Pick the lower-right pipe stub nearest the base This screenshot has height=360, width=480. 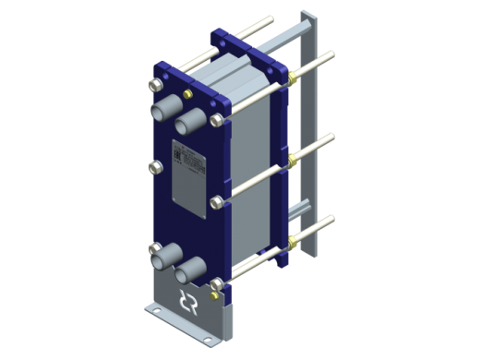click(x=190, y=270)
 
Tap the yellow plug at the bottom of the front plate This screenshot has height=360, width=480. click(x=218, y=297)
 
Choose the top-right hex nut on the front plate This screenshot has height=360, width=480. click(x=218, y=119)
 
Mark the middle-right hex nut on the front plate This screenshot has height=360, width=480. click(x=217, y=200)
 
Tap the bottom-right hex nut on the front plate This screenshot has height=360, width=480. click(x=218, y=282)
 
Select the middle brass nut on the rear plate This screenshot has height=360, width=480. click(x=294, y=161)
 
